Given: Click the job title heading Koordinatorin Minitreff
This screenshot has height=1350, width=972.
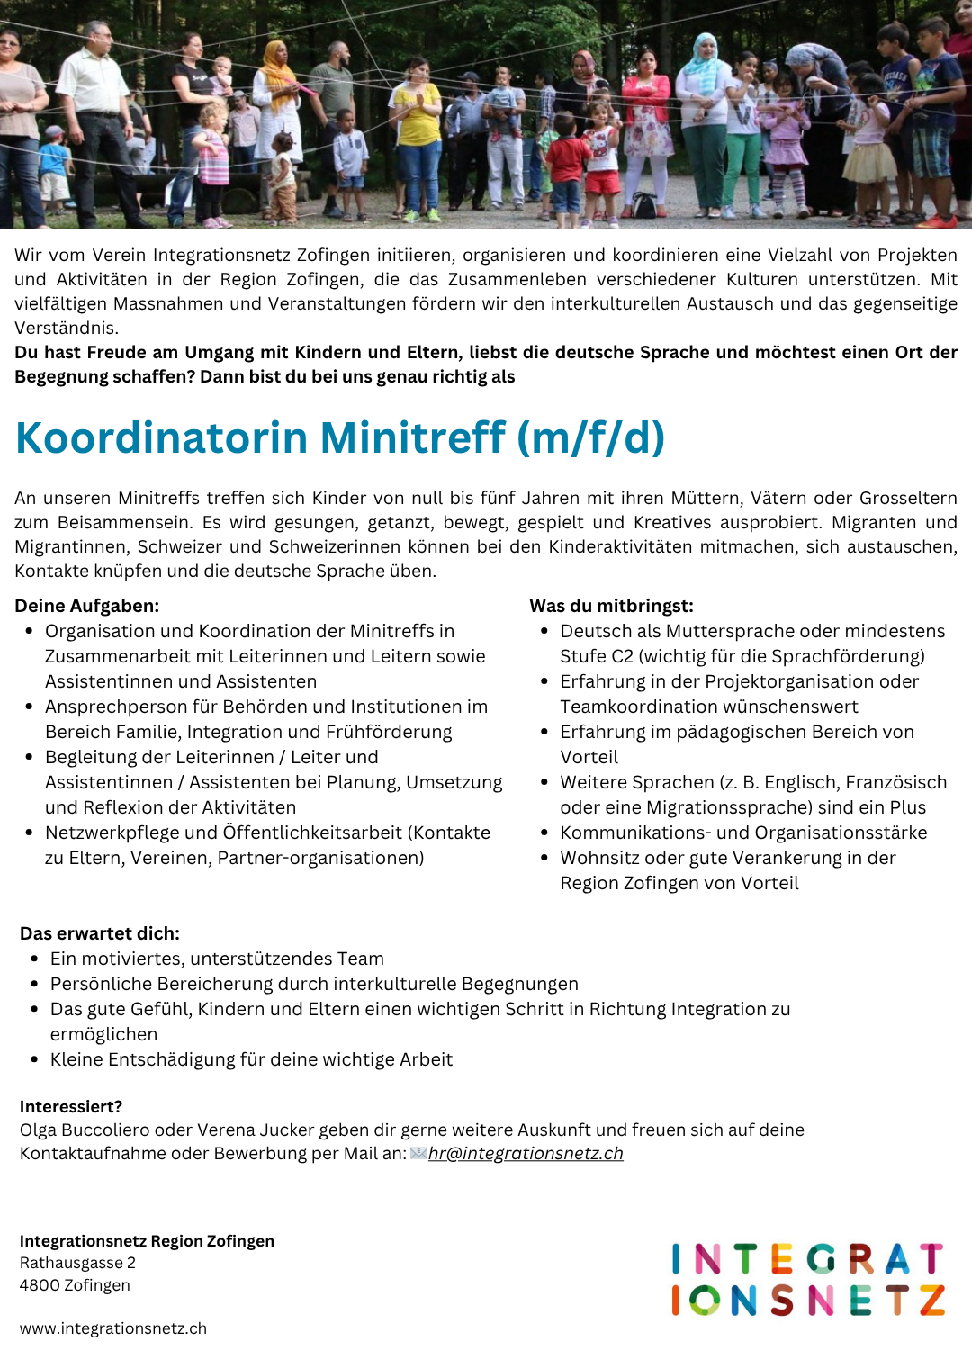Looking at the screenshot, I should (x=340, y=438).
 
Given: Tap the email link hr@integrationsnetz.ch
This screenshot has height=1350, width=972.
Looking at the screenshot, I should (x=526, y=1154).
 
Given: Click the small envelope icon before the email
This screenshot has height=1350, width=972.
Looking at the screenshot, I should (x=418, y=1153).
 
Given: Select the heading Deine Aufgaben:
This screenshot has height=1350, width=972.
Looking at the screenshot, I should (x=87, y=606).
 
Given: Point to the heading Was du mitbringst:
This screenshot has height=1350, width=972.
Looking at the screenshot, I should (x=611, y=606).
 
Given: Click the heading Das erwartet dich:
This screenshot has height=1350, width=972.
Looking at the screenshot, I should (x=100, y=933).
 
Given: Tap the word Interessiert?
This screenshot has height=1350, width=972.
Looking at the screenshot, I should (x=71, y=1106).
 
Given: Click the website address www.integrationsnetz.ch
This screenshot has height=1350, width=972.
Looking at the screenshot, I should (x=113, y=1328).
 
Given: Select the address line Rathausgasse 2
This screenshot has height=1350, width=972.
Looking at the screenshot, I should (x=77, y=1263).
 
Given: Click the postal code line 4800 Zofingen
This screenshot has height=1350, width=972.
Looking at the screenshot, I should (x=75, y=1285).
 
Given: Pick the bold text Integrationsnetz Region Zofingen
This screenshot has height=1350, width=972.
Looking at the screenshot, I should (x=147, y=1241).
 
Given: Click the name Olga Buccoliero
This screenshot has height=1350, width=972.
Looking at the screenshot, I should (x=85, y=1129).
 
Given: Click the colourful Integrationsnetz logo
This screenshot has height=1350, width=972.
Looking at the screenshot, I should (x=807, y=1279).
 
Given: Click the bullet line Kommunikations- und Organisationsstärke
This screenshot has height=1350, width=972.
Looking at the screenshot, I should (x=743, y=832).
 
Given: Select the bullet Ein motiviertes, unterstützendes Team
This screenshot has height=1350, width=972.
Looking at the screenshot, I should (x=217, y=958).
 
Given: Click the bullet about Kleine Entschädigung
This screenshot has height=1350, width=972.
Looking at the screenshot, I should (x=251, y=1059).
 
